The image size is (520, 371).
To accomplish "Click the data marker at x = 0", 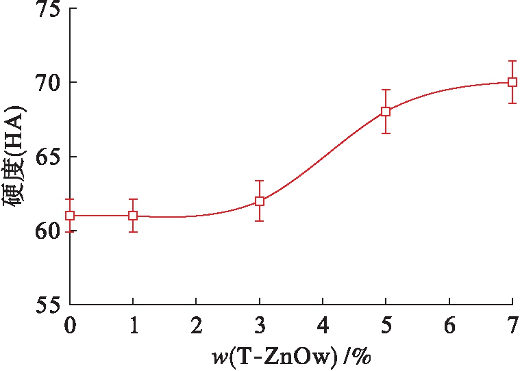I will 70,215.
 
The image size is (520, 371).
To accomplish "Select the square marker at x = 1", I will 133,215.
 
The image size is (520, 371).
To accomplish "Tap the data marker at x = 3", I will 260,201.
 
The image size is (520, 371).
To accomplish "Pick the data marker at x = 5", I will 386,111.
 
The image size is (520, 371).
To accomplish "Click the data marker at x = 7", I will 512,82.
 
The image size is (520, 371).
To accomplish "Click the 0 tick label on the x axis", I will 70,325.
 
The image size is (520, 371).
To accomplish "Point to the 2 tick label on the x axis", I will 196,325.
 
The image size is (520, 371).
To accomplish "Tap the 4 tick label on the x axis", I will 323,325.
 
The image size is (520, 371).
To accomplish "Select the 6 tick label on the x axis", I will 449,325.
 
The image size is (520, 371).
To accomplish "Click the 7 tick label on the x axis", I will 512,325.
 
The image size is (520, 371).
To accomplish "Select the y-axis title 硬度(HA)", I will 15,157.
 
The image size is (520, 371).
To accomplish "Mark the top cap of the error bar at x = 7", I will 512,61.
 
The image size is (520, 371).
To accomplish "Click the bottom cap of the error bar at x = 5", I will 386,133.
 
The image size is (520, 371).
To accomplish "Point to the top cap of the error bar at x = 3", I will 260,181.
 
